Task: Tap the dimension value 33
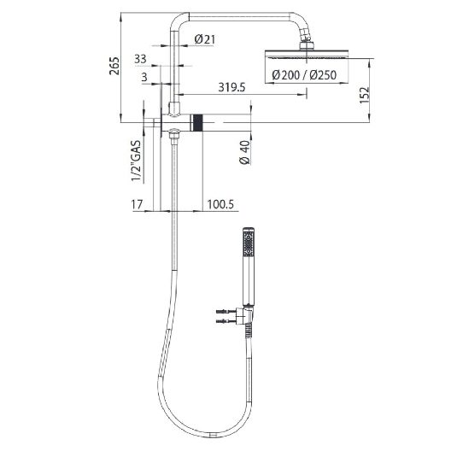pos(141,58)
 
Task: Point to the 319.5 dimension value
pos(231,86)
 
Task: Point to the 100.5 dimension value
pos(220,204)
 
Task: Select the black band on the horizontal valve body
pos(199,123)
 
